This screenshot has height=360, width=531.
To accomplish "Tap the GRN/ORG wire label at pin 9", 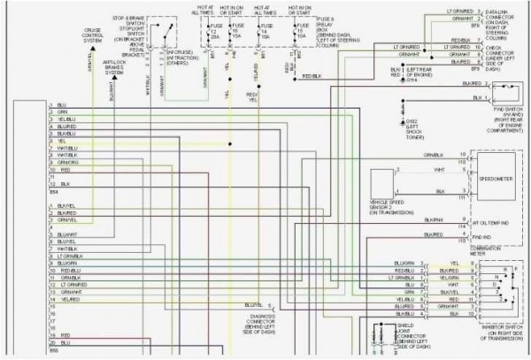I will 69,163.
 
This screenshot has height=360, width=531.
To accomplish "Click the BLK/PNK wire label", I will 434,219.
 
